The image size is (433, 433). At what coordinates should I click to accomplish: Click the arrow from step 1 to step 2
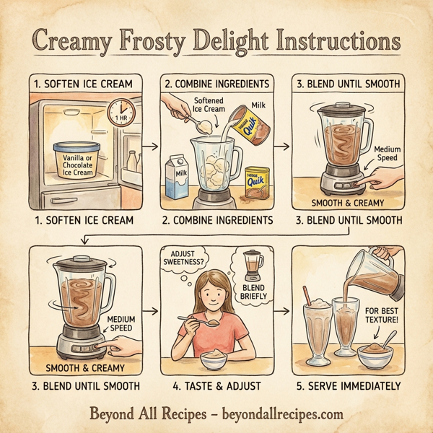pyautogui.click(x=149, y=146)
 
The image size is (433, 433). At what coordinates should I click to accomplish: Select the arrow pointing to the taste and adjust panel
pyautogui.click(x=149, y=312)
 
